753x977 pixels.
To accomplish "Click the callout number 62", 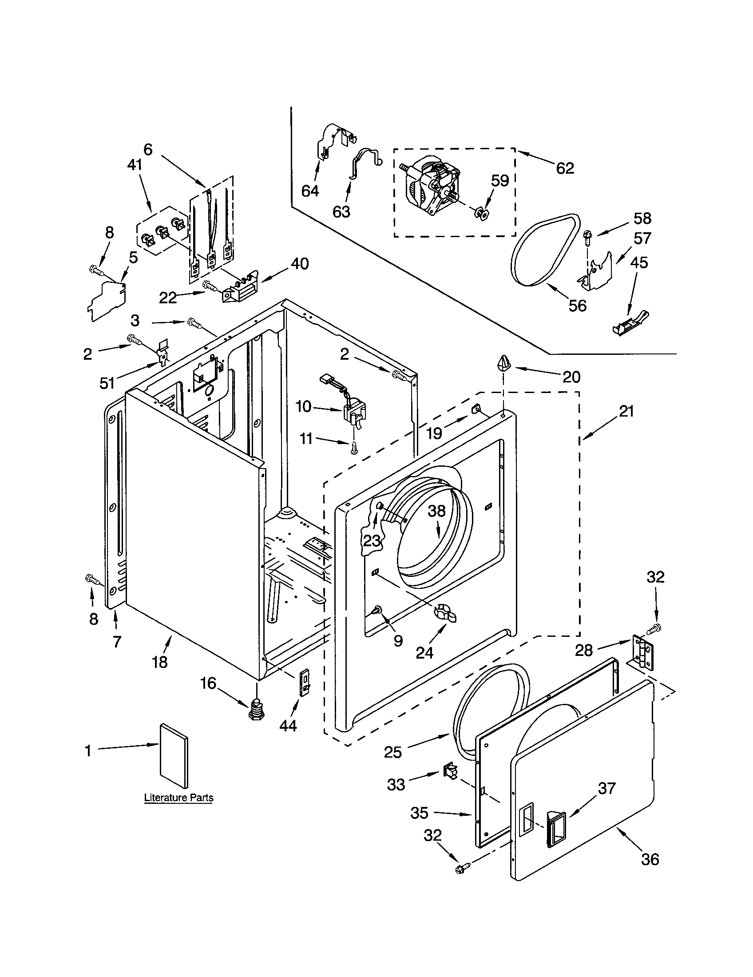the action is tap(565, 168).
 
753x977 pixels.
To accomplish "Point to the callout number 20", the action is tap(571, 377).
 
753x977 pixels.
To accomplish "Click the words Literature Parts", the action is tap(178, 798).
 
